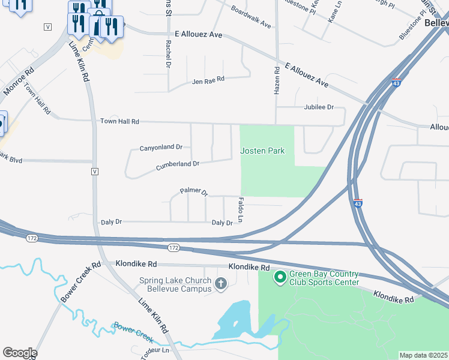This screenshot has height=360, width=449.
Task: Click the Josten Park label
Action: [262, 151]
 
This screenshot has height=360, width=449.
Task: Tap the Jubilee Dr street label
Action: [319, 107]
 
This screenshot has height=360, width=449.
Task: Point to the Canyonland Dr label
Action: [160, 147]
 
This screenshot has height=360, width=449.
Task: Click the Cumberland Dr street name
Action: [177, 164]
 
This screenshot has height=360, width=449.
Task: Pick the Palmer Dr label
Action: [193, 193]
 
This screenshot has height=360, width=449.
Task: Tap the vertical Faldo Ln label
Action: [241, 210]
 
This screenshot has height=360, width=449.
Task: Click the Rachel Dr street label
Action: [169, 53]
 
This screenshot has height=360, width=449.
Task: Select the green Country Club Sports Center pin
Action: [279, 277]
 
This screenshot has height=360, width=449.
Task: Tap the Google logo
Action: [19, 353]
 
